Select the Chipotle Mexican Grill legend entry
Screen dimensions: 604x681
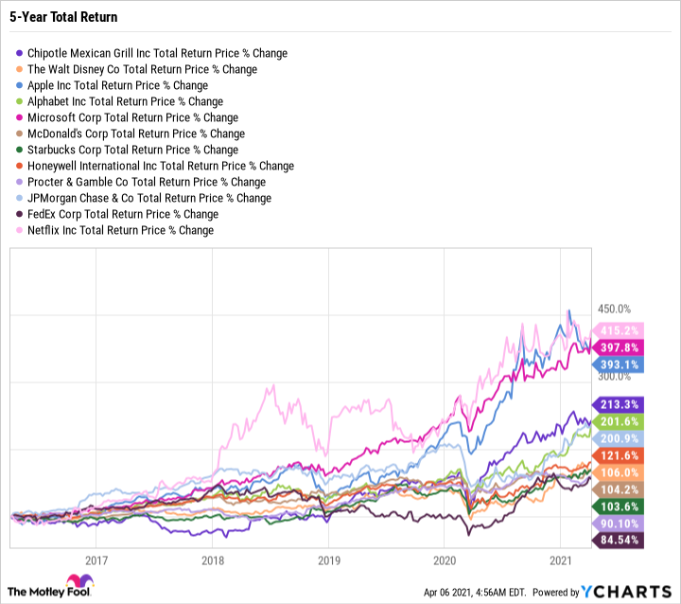(157, 54)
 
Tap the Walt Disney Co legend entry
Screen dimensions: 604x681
(142, 70)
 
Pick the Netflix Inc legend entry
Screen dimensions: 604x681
(120, 230)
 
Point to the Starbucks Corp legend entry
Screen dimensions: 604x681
(132, 150)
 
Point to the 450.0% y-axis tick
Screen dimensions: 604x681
(614, 310)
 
